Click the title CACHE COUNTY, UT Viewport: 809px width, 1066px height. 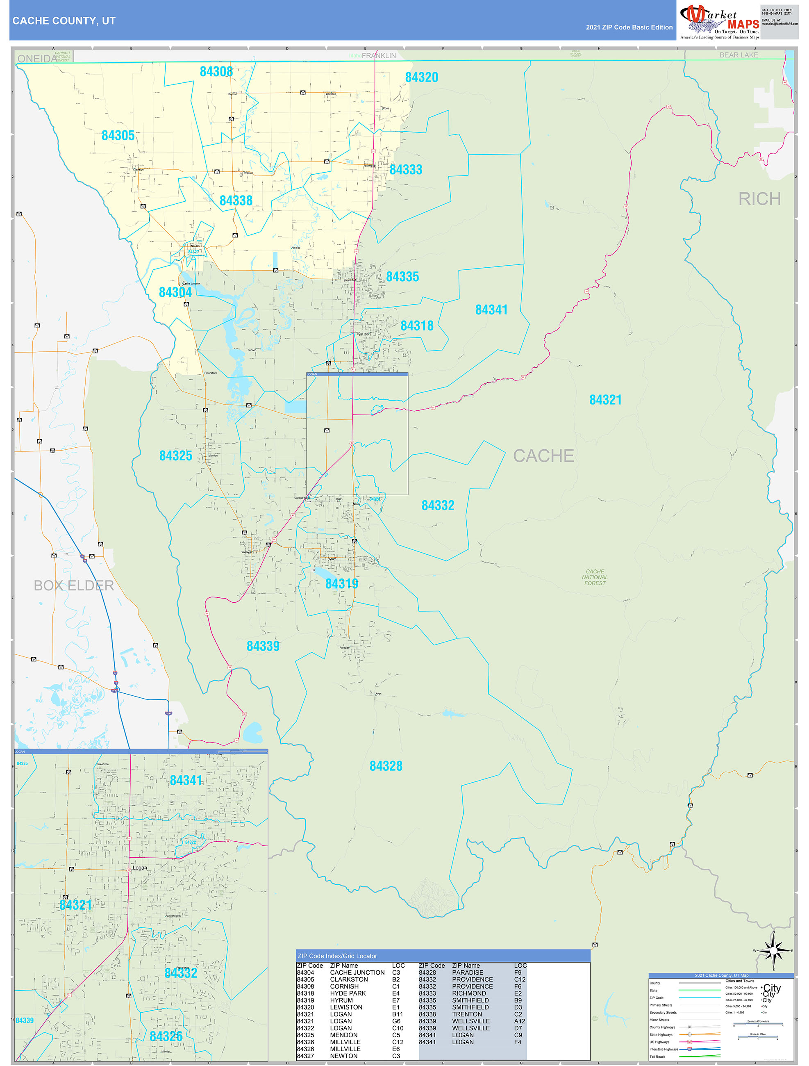point(64,21)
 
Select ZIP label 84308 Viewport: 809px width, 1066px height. point(216,72)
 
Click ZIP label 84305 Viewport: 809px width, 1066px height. point(118,136)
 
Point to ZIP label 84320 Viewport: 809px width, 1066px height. point(422,77)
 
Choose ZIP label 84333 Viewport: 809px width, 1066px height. point(406,170)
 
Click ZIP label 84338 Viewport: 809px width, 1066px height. point(236,200)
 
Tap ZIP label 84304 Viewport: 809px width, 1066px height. point(175,292)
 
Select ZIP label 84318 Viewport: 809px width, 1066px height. point(417,326)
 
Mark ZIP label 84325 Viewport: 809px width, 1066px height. point(176,456)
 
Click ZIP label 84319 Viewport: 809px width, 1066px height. point(342,583)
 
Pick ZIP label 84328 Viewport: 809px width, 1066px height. point(386,766)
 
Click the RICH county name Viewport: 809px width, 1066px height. point(759,199)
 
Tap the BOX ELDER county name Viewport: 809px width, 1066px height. point(74,585)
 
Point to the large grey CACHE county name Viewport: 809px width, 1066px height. point(543,456)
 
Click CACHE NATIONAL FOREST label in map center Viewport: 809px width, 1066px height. point(595,577)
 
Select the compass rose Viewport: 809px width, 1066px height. point(773,951)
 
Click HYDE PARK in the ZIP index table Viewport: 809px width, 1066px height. point(348,993)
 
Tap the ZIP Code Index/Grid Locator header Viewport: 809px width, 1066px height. point(337,956)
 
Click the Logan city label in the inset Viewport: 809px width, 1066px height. point(140,868)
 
